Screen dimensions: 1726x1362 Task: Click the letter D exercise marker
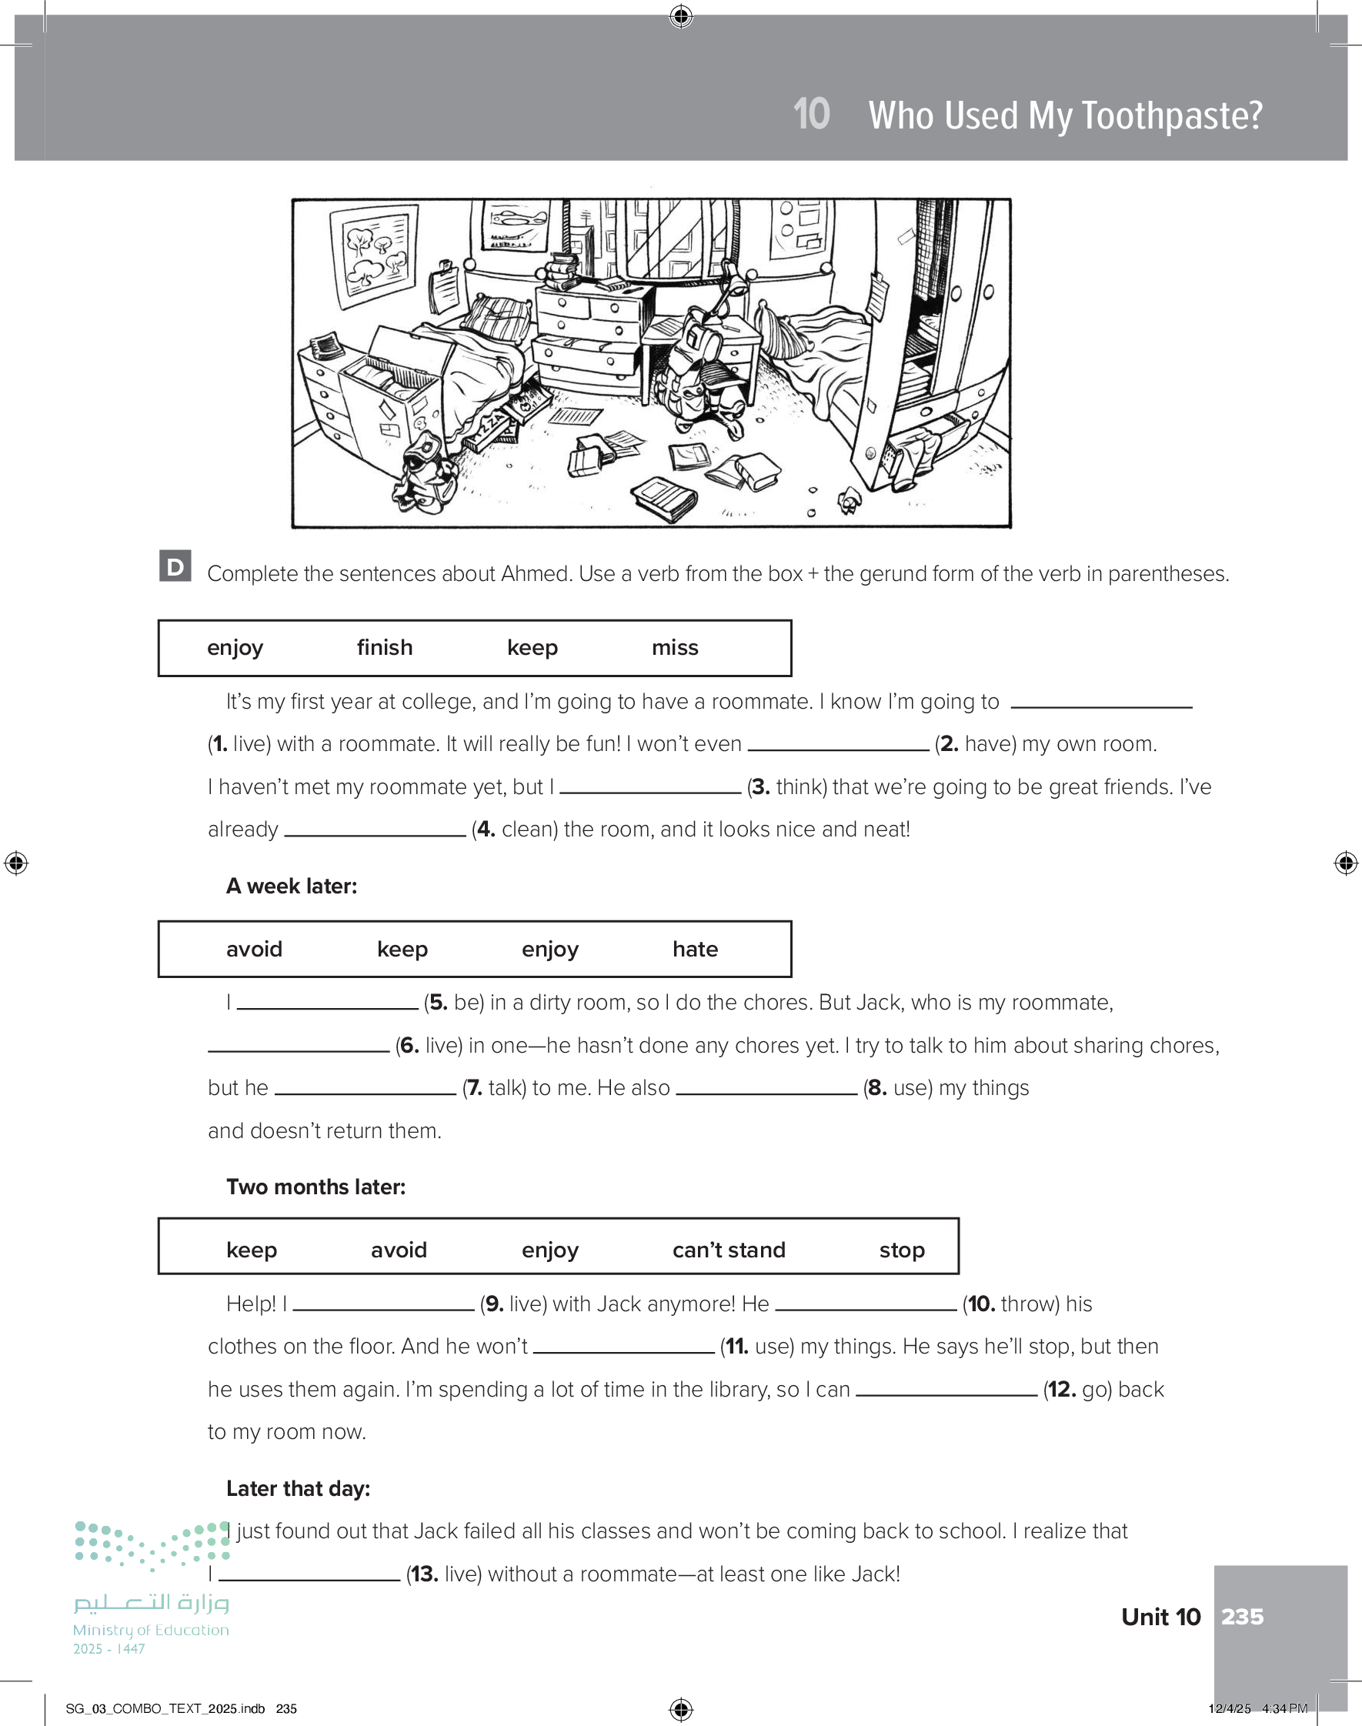175,566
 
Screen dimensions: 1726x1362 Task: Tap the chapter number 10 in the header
811,114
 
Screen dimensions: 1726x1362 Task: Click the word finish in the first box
384,647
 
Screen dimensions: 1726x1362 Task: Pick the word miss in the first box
675,647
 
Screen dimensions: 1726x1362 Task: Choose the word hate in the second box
695,949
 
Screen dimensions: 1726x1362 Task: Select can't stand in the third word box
728,1249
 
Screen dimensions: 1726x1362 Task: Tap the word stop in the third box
902,1249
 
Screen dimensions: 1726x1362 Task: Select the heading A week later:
291,886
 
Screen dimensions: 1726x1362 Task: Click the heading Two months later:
315,1187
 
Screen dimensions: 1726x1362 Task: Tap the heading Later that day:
299,1488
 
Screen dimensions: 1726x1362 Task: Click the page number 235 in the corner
1243,1616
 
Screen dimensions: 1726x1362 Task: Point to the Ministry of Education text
151,1631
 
